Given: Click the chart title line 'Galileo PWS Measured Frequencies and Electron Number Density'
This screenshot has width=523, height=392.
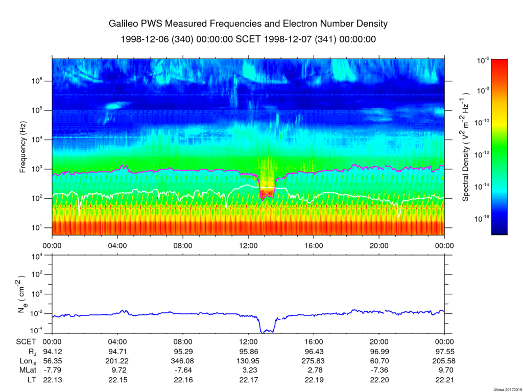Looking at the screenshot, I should click(x=248, y=24).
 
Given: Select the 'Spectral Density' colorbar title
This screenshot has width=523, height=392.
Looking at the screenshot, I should click(x=466, y=147).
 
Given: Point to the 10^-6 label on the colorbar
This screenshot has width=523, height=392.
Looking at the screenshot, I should click(x=483, y=60).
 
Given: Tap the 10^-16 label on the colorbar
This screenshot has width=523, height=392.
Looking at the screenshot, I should click(x=483, y=218).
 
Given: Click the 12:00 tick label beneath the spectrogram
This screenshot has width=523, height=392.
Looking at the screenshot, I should click(x=248, y=245).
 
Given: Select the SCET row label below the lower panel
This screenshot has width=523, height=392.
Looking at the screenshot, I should click(x=25, y=342).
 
